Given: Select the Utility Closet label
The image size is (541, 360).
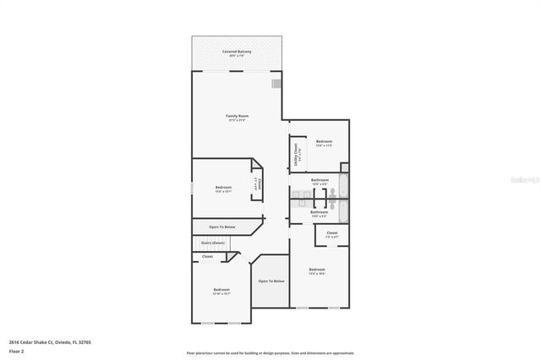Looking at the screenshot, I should click(x=296, y=153).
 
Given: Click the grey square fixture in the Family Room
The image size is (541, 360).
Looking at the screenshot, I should click(x=276, y=83).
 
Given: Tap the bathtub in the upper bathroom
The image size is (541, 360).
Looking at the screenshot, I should click(x=342, y=184).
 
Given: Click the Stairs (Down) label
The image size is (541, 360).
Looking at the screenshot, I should click(x=213, y=243).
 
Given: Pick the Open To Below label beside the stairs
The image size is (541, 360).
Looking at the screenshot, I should click(x=221, y=226).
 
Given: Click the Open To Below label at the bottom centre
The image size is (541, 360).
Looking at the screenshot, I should click(x=271, y=281).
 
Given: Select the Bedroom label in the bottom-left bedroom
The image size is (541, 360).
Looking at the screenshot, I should click(x=221, y=290).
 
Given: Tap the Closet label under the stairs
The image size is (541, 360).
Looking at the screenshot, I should click(x=207, y=256).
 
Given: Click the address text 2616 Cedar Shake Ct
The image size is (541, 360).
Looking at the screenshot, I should click(x=38, y=342).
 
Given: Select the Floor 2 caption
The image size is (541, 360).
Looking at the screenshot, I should click(x=16, y=351).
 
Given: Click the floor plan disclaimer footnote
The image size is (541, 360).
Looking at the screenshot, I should click(x=270, y=352).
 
